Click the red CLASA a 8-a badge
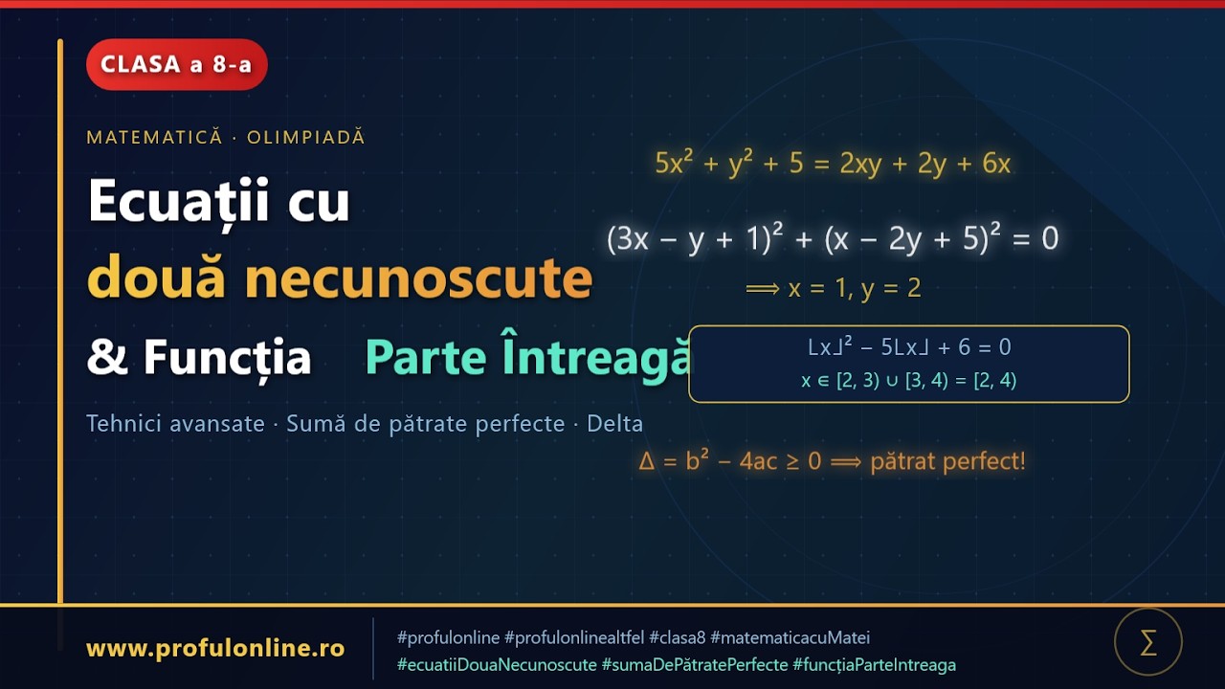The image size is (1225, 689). click(176, 65)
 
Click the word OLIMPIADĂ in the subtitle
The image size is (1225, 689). click(306, 137)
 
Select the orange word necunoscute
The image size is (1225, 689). click(418, 278)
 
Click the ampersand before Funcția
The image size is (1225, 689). click(101, 358)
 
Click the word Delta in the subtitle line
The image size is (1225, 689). click(614, 423)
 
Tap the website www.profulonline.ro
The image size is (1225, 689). click(215, 649)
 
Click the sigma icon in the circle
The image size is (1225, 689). click(1148, 642)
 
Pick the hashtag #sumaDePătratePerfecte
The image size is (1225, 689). click(695, 664)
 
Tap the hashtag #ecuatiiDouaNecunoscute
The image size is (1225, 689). click(497, 664)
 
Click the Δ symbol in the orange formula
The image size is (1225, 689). click(646, 461)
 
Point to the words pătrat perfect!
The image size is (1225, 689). click(947, 461)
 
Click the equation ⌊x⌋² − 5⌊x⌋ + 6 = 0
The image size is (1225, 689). click(908, 347)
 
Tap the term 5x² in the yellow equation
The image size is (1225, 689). click(675, 164)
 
